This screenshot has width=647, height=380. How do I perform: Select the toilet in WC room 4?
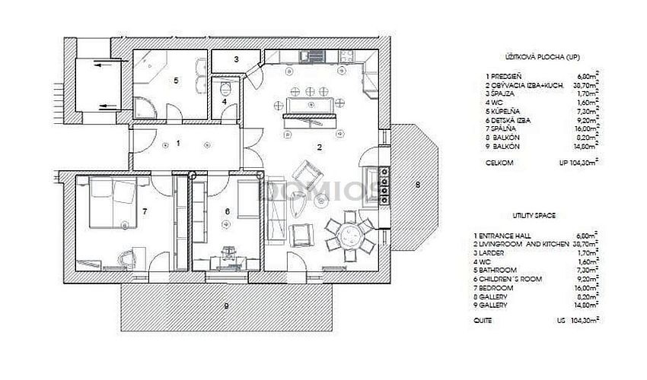pyautogui.click(x=225, y=86)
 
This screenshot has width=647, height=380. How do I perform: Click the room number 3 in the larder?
pyautogui.click(x=236, y=59)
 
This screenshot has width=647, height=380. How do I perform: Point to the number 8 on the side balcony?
pyautogui.click(x=416, y=184)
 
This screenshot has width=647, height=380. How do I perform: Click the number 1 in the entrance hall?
pyautogui.click(x=178, y=142)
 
